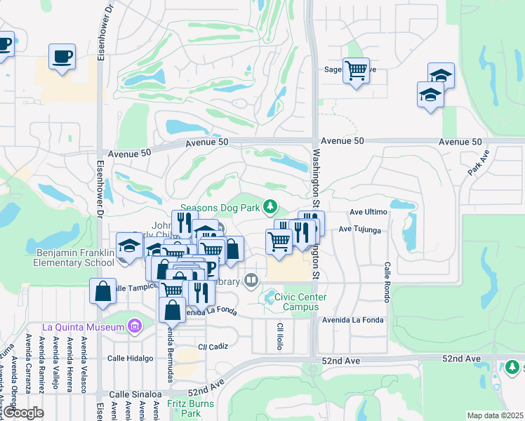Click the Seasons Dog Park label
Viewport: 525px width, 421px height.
[220, 207]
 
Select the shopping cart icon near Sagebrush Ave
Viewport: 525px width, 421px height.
[356, 70]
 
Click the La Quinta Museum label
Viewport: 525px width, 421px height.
[83, 326]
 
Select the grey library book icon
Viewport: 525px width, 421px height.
[251, 281]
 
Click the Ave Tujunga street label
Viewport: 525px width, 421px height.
[360, 229]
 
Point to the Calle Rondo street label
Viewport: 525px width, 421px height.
[387, 283]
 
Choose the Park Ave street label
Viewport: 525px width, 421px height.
[477, 163]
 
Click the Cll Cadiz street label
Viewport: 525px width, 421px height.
[213, 347]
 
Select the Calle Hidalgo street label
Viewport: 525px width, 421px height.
[130, 358]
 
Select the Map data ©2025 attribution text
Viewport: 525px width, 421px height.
[495, 415]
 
